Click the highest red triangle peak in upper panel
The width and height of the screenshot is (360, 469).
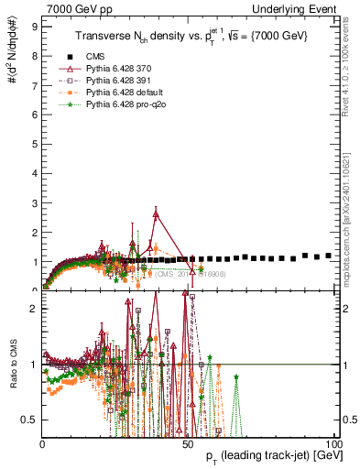(x=157, y=213)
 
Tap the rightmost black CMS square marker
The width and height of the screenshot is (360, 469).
(x=328, y=256)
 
